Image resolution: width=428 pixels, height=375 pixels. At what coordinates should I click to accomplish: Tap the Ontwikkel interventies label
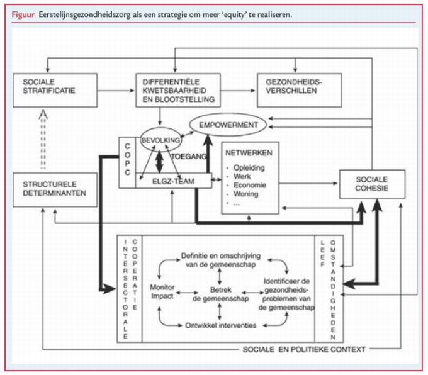tap(219, 324)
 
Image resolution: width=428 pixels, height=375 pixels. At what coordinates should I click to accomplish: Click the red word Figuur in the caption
tap(21, 14)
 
